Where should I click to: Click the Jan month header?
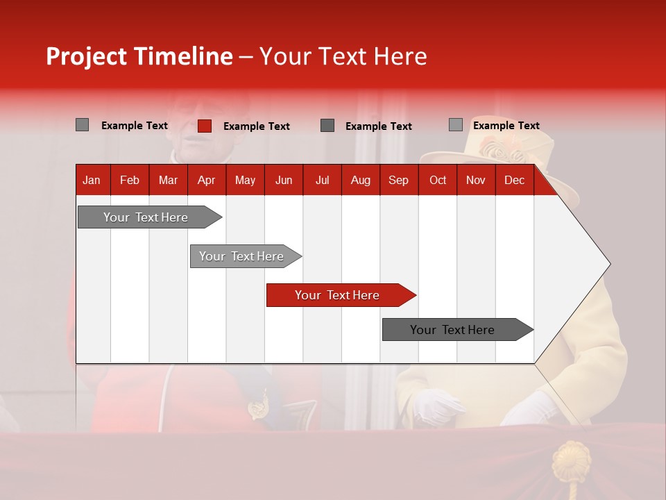point(92,180)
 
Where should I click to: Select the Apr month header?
point(206,180)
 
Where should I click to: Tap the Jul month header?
point(322,180)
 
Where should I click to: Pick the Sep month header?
point(398,180)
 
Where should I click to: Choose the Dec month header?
point(514,180)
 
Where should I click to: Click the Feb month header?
point(130,180)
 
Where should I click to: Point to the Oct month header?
point(438,180)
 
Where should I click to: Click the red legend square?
point(205,126)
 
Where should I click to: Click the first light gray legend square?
point(83,125)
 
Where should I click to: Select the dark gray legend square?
point(327,126)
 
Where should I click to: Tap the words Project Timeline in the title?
point(139,56)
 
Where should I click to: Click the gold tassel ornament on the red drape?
point(572,462)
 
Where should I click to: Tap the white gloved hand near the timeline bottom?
point(437,406)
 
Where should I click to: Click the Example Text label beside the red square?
point(257,126)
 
